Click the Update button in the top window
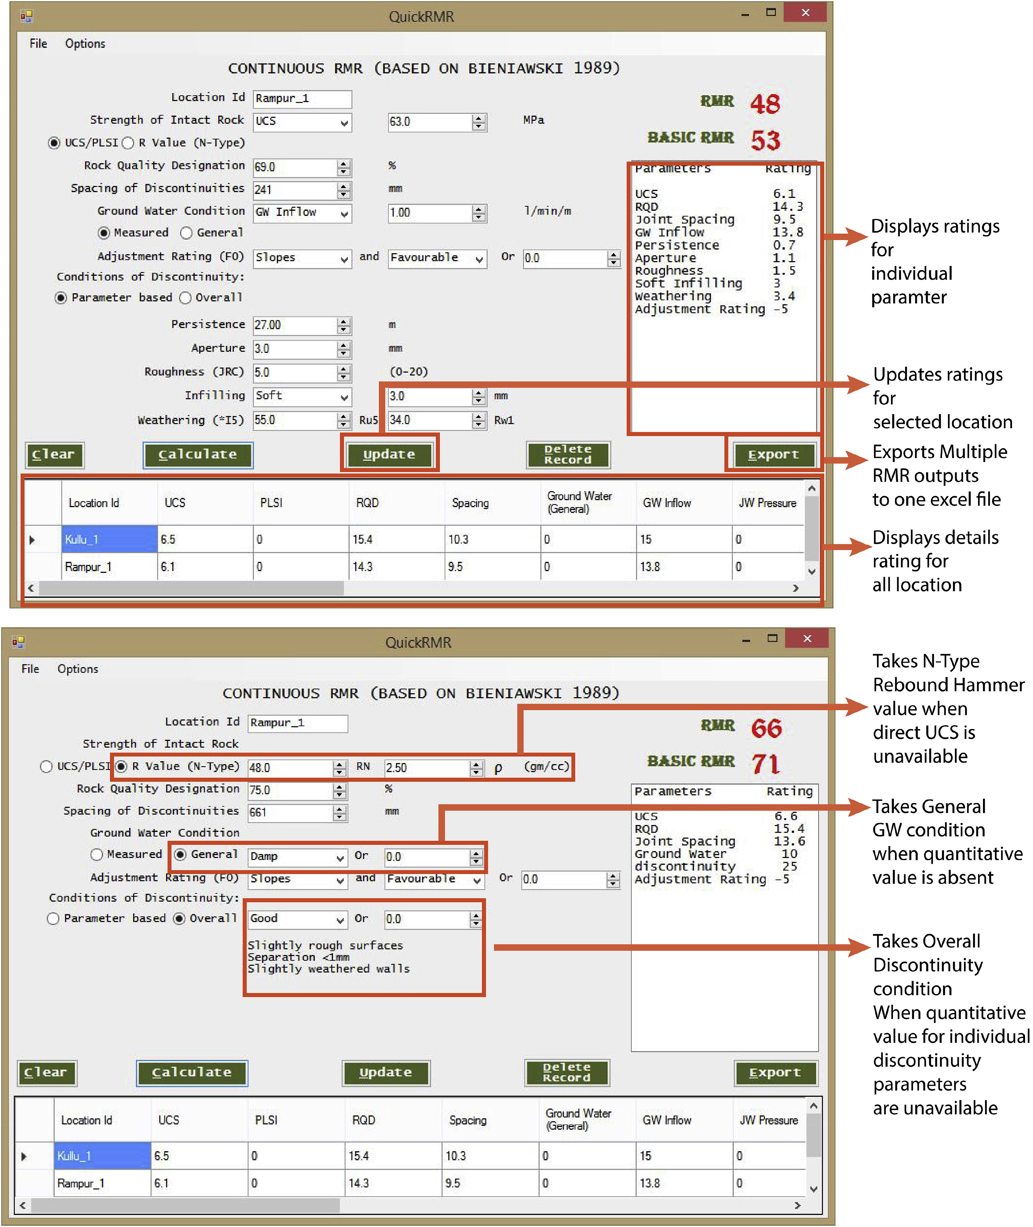pos(389,454)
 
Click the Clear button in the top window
pos(54,454)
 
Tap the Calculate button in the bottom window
pos(191,1072)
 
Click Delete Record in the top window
pos(568,454)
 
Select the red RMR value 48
pos(765,104)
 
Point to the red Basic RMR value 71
pos(765,764)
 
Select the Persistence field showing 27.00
pos(294,325)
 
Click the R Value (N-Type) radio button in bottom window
pos(121,767)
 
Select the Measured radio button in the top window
pos(104,233)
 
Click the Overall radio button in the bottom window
pos(179,918)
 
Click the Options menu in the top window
pos(85,43)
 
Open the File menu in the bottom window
pos(30,669)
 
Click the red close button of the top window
pos(805,13)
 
